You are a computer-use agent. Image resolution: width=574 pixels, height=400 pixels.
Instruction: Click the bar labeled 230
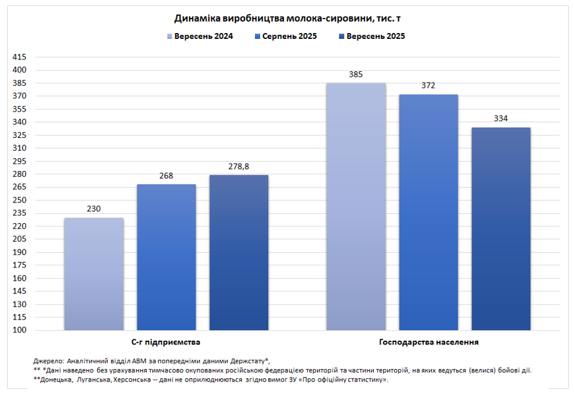[94, 274]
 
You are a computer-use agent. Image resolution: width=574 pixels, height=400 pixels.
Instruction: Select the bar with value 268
[166, 257]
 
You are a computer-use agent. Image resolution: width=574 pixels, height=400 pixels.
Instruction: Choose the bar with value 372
[429, 212]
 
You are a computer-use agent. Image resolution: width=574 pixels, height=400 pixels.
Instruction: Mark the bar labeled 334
[501, 228]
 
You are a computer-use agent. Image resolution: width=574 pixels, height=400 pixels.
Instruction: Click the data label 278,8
[238, 166]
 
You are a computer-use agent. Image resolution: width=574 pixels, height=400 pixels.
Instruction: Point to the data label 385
[356, 75]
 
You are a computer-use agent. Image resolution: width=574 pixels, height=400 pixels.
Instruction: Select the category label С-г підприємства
[166, 343]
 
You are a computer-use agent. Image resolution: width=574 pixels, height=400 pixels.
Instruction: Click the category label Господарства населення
[429, 343]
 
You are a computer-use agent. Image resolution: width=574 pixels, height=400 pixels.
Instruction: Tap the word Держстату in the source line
[246, 361]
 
